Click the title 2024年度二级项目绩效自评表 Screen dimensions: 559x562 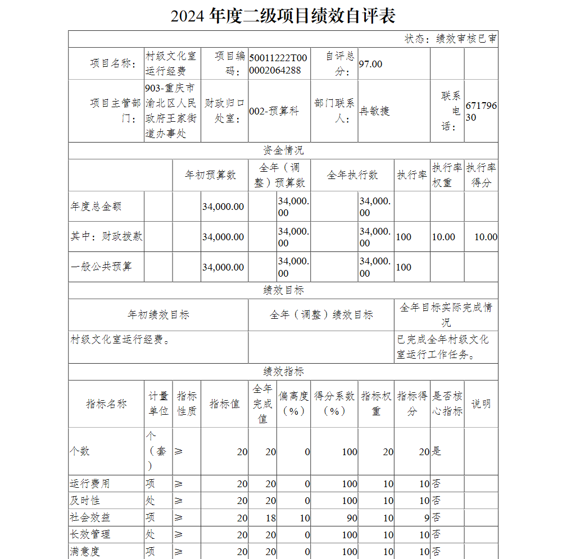click(283, 16)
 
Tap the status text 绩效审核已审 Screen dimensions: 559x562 click(450, 39)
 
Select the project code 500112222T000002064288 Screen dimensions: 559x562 click(278, 64)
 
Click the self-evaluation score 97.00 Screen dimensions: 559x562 click(370, 64)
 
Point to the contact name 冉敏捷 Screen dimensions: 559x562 click(374, 111)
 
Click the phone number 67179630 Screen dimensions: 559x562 click(481, 111)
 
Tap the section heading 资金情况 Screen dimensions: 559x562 click(283, 150)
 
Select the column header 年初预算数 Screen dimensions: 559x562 click(211, 175)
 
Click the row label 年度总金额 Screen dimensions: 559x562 click(96, 207)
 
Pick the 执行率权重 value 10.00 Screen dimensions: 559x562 click(443, 237)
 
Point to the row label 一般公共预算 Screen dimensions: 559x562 click(101, 267)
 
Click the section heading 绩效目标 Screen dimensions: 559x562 click(283, 290)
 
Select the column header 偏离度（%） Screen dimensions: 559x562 click(293, 404)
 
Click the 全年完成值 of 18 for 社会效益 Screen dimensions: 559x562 click(270, 517)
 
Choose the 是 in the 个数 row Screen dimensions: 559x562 click(437, 451)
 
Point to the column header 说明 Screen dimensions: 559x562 click(481, 404)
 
